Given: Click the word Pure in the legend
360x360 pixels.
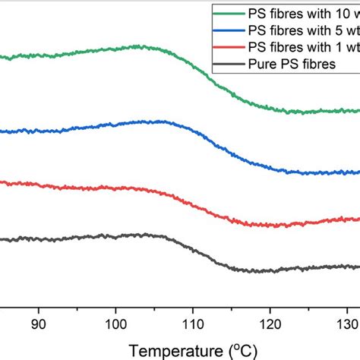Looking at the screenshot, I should coord(263,66).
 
